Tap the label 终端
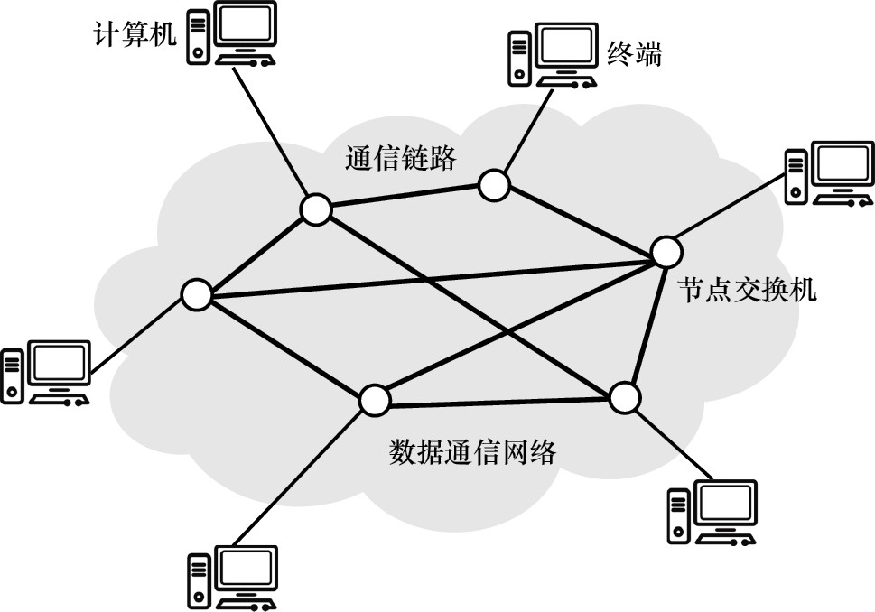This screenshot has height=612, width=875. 633,54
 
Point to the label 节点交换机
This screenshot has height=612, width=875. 748,291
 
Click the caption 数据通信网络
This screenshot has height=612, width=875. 472,451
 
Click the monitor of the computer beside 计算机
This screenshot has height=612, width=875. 243,30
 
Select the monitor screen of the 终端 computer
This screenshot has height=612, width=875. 566,46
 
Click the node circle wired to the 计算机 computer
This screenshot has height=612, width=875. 315,209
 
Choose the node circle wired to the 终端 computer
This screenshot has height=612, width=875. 493,186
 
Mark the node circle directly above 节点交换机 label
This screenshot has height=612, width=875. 665,250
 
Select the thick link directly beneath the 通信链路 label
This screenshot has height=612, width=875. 404,198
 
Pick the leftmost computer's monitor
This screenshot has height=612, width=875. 60,365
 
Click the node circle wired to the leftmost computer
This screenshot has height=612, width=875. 195,294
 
